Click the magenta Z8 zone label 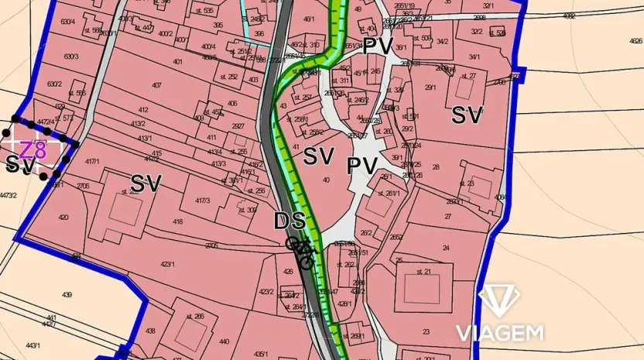33,149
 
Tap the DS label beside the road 289,221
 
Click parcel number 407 156,86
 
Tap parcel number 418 178,222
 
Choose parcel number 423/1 166,264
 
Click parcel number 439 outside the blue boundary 67,295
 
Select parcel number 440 224,341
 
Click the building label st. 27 468,76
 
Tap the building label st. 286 196,316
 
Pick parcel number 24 446,248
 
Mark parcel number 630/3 71,57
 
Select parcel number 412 142,110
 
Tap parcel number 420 63,218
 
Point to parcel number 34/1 474,57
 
